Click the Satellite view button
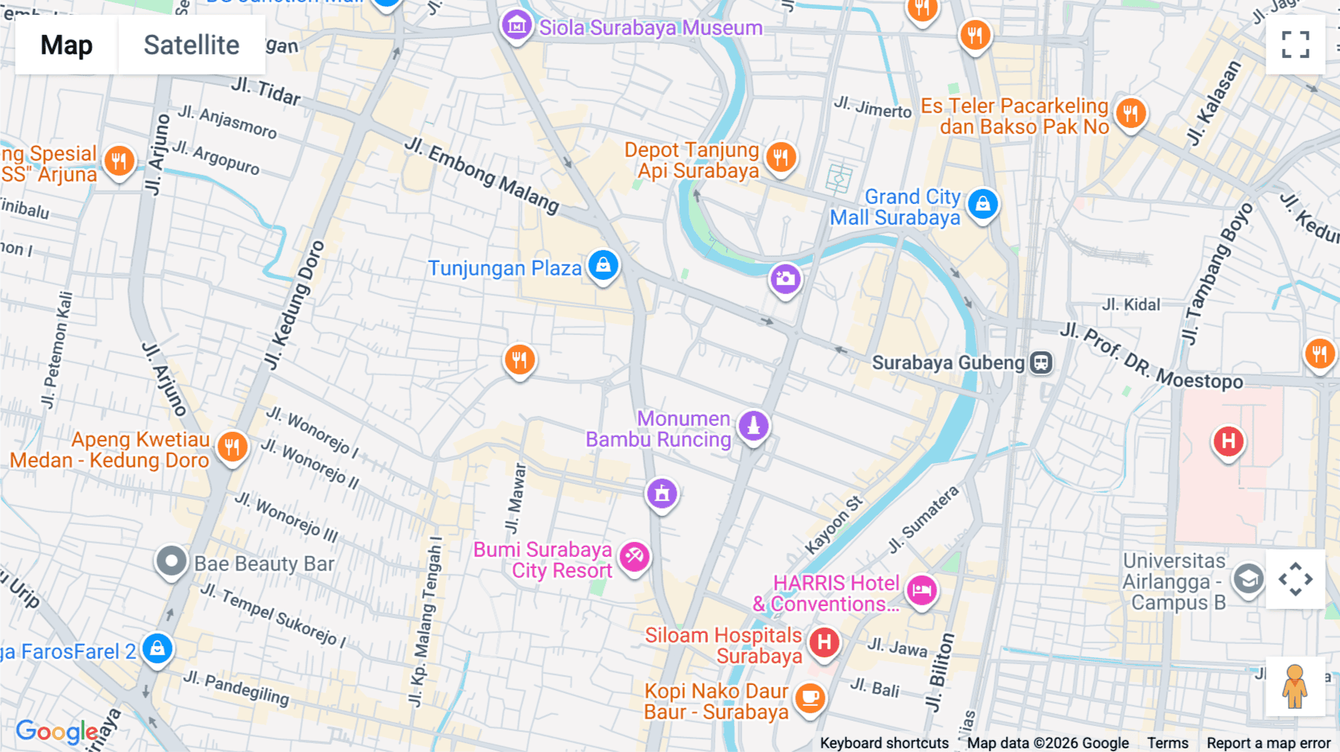point(191,45)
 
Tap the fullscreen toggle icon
point(1295,45)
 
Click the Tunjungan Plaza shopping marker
point(603,265)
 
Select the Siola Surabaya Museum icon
point(516,26)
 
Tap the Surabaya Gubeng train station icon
point(1041,363)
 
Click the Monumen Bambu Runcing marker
point(753,426)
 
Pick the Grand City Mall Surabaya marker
point(983,203)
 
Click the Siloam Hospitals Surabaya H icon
point(824,642)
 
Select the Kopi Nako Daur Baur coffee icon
point(810,698)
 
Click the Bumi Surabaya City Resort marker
point(634,556)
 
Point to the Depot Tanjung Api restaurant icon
point(780,157)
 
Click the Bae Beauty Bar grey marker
point(171,561)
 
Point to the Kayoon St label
point(834,525)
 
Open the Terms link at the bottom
point(1167,743)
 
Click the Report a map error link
point(1269,743)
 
